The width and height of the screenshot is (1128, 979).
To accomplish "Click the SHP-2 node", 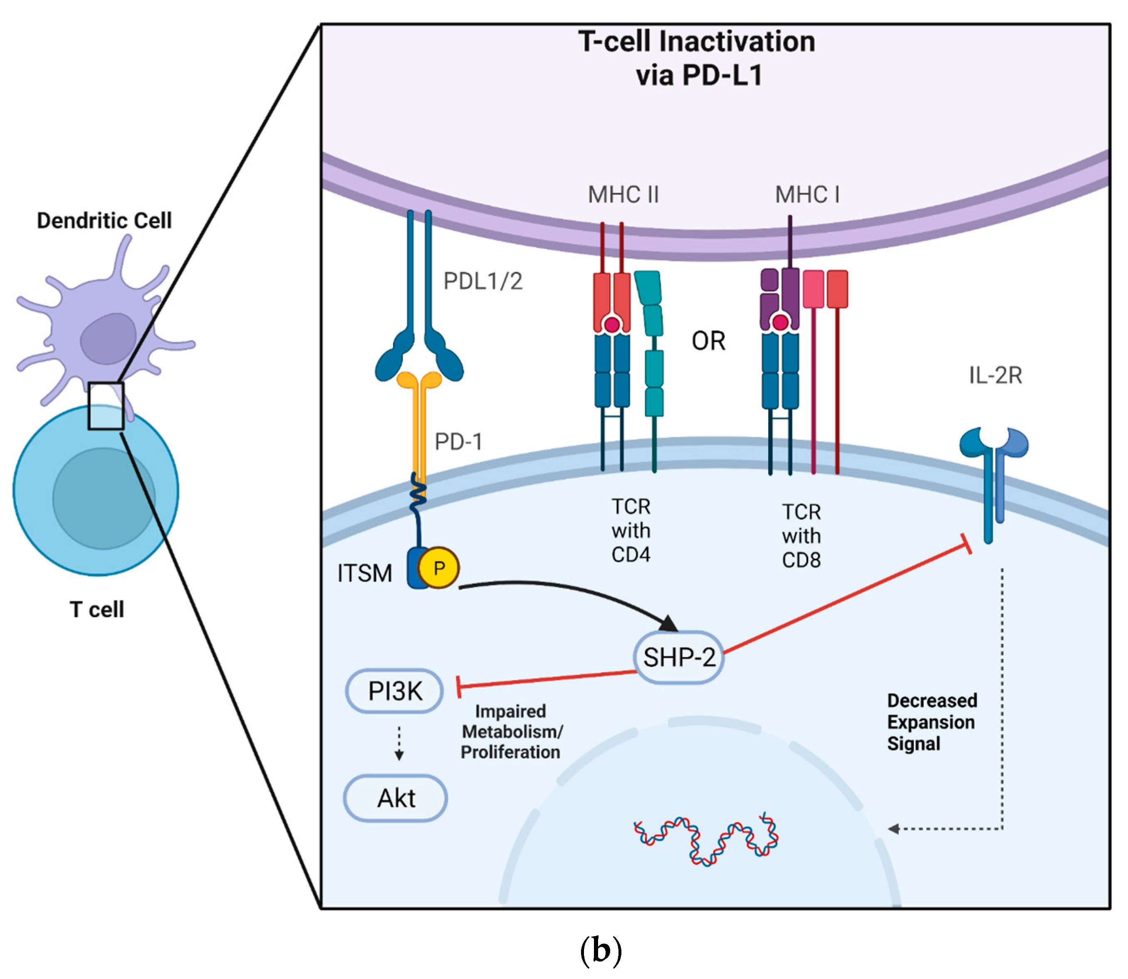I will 679,657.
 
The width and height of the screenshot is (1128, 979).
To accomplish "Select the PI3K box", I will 394,691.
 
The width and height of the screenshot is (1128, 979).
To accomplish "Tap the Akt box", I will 396,798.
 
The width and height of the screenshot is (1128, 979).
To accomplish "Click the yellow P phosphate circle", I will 439,568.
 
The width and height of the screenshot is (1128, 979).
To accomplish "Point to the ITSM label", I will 364,573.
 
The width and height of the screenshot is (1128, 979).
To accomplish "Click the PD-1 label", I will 458,441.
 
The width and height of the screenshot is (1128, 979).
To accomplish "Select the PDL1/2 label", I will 483,281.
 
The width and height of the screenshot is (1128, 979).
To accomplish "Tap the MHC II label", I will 623,194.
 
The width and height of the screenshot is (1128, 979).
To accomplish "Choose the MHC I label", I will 807,194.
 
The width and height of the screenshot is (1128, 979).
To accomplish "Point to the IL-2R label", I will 995,375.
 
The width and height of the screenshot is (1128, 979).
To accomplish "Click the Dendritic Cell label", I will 104,221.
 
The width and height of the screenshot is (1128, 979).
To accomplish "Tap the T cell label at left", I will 96,609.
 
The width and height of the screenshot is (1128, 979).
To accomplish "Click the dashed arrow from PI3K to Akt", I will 399,743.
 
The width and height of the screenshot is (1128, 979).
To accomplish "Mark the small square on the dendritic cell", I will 106,406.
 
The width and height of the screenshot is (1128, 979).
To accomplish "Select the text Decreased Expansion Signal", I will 931,722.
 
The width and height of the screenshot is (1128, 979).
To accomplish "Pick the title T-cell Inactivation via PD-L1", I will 697,58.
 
